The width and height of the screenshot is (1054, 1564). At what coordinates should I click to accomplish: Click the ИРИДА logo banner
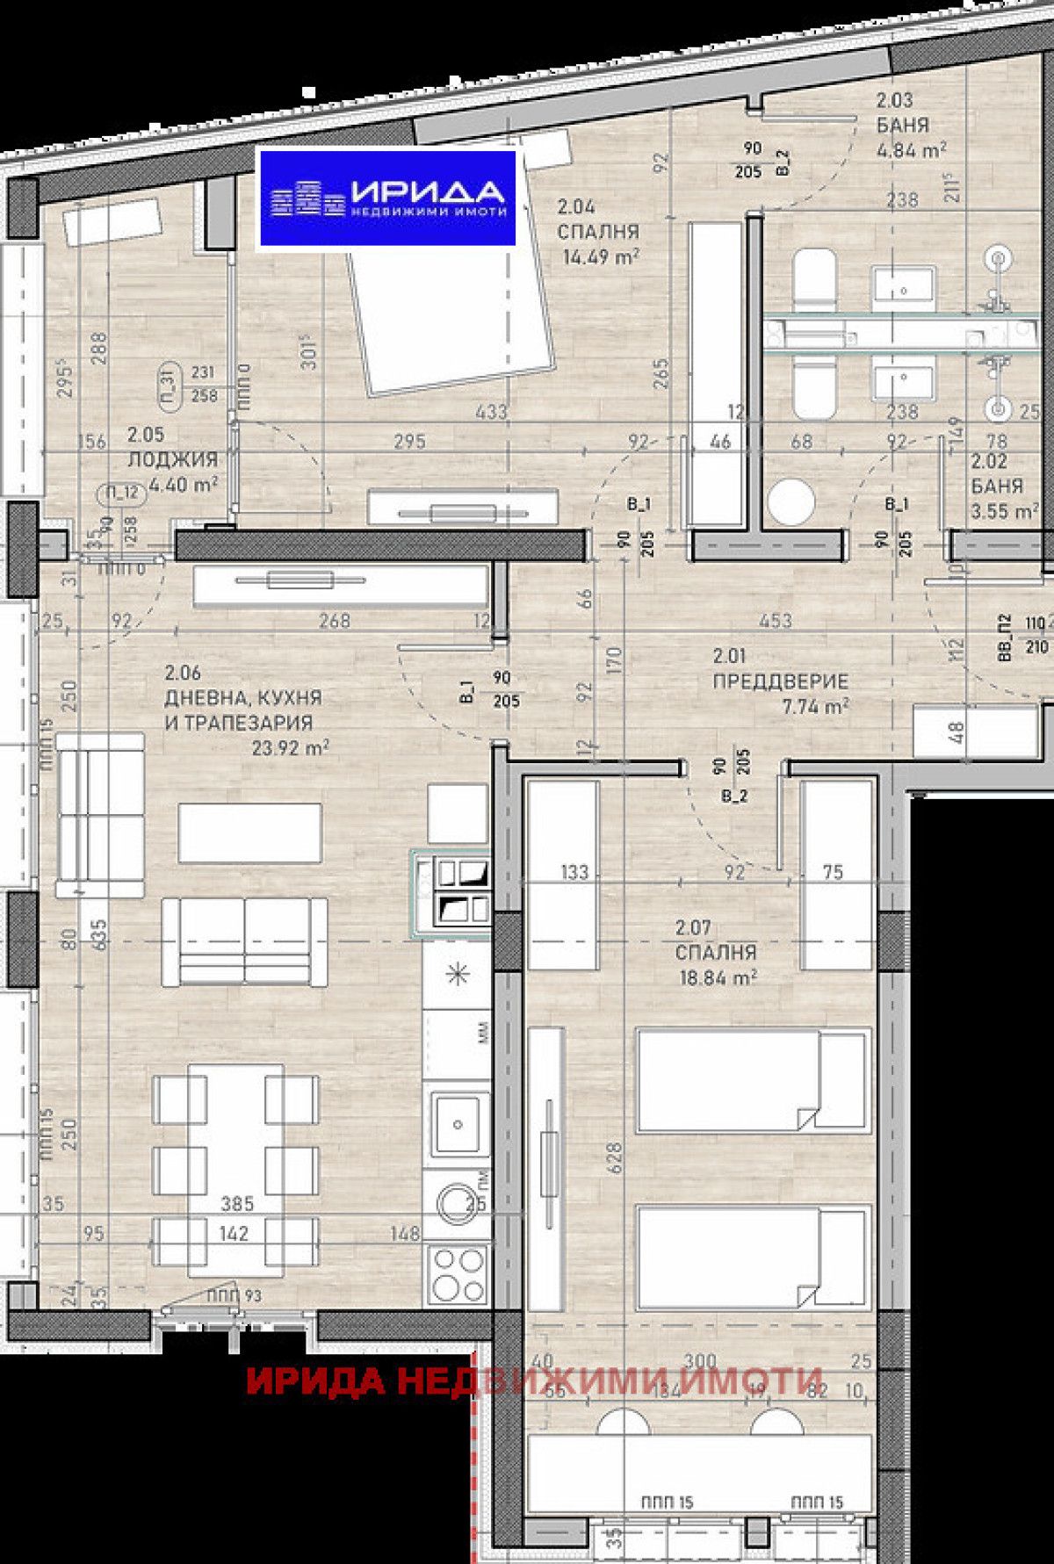pos(386,198)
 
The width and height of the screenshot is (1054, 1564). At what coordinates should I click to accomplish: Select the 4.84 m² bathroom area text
pos(911,149)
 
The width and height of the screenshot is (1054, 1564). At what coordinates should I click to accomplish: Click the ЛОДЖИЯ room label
pos(172,459)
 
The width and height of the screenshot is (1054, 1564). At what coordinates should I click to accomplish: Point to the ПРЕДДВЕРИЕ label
pos(780,681)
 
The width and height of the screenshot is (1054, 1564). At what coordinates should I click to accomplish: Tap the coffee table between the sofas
pos(249,832)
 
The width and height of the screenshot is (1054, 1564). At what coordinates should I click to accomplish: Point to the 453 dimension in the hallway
pos(775,621)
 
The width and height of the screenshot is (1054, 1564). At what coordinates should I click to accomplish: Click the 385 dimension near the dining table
pos(237,1203)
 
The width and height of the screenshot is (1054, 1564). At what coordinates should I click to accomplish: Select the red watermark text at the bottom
pos(534,1380)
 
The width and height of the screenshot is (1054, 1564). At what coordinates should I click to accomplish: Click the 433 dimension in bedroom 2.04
pos(490,411)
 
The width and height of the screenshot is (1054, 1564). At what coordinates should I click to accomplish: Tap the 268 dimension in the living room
pos(335,621)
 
